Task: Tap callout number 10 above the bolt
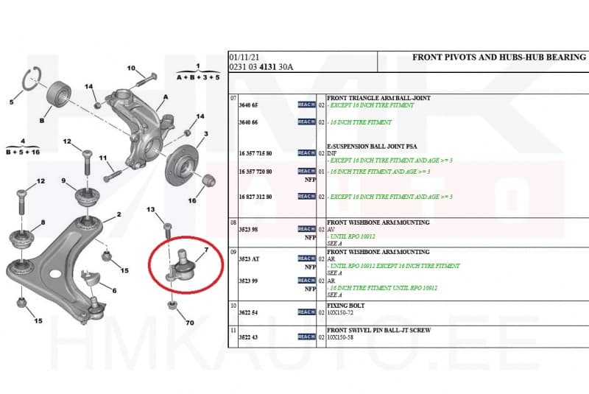(131, 68)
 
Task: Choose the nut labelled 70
(172, 305)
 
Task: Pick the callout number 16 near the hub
(192, 200)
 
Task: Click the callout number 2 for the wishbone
(118, 215)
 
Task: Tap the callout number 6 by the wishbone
(113, 290)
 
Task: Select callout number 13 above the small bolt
(152, 211)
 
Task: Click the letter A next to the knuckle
(166, 96)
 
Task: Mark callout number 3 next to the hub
(205, 133)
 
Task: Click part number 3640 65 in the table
(250, 105)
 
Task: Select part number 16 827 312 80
(255, 197)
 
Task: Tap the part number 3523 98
(249, 230)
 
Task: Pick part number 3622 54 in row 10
(250, 312)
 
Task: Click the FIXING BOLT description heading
(345, 304)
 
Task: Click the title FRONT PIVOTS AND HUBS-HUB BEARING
(499, 57)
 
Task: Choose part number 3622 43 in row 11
(250, 336)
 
